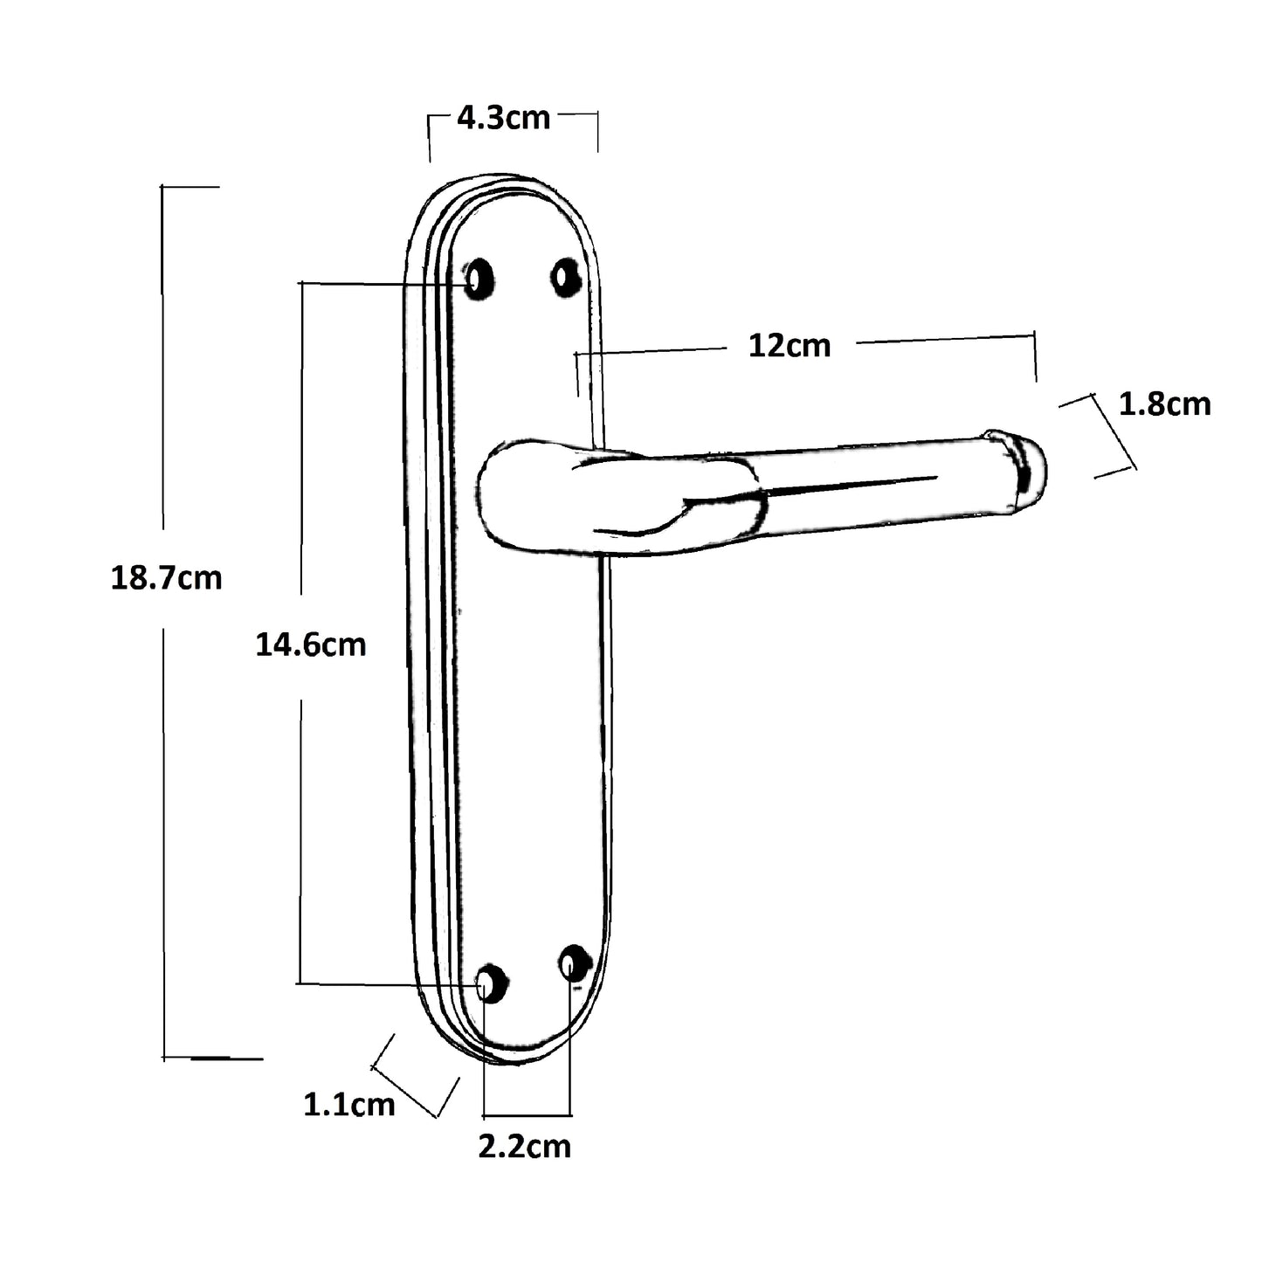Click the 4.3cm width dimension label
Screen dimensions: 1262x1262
click(503, 118)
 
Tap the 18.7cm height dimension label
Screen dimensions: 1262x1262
click(166, 578)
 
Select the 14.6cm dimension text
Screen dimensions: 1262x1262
click(310, 645)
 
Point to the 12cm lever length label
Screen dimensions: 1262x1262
click(790, 347)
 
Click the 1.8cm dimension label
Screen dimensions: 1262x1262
click(1164, 404)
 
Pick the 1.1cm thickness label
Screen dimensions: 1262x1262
click(348, 1105)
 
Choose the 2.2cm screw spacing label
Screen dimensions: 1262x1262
click(524, 1146)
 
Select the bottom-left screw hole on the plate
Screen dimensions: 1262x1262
click(491, 983)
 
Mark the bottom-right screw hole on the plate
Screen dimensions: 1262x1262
click(575, 964)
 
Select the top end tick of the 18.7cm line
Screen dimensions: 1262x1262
click(190, 187)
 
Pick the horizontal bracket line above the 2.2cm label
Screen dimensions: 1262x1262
click(527, 1115)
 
